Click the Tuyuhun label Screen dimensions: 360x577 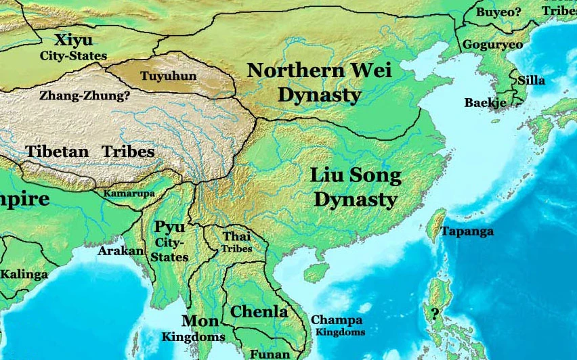point(167,76)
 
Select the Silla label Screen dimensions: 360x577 point(531,80)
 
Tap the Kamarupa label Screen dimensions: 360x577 point(129,194)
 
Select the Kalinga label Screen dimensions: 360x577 point(24,274)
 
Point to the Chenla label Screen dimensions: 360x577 point(259,311)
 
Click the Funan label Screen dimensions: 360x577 point(270,354)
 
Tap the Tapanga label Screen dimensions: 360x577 point(467,231)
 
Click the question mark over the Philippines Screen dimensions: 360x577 point(434,313)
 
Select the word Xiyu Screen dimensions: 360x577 point(74,39)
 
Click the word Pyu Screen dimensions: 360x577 point(169,227)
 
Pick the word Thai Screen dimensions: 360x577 point(236,236)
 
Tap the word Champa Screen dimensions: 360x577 point(337,320)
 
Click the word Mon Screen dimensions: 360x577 point(200,321)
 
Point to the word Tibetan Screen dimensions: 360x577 point(58,151)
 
